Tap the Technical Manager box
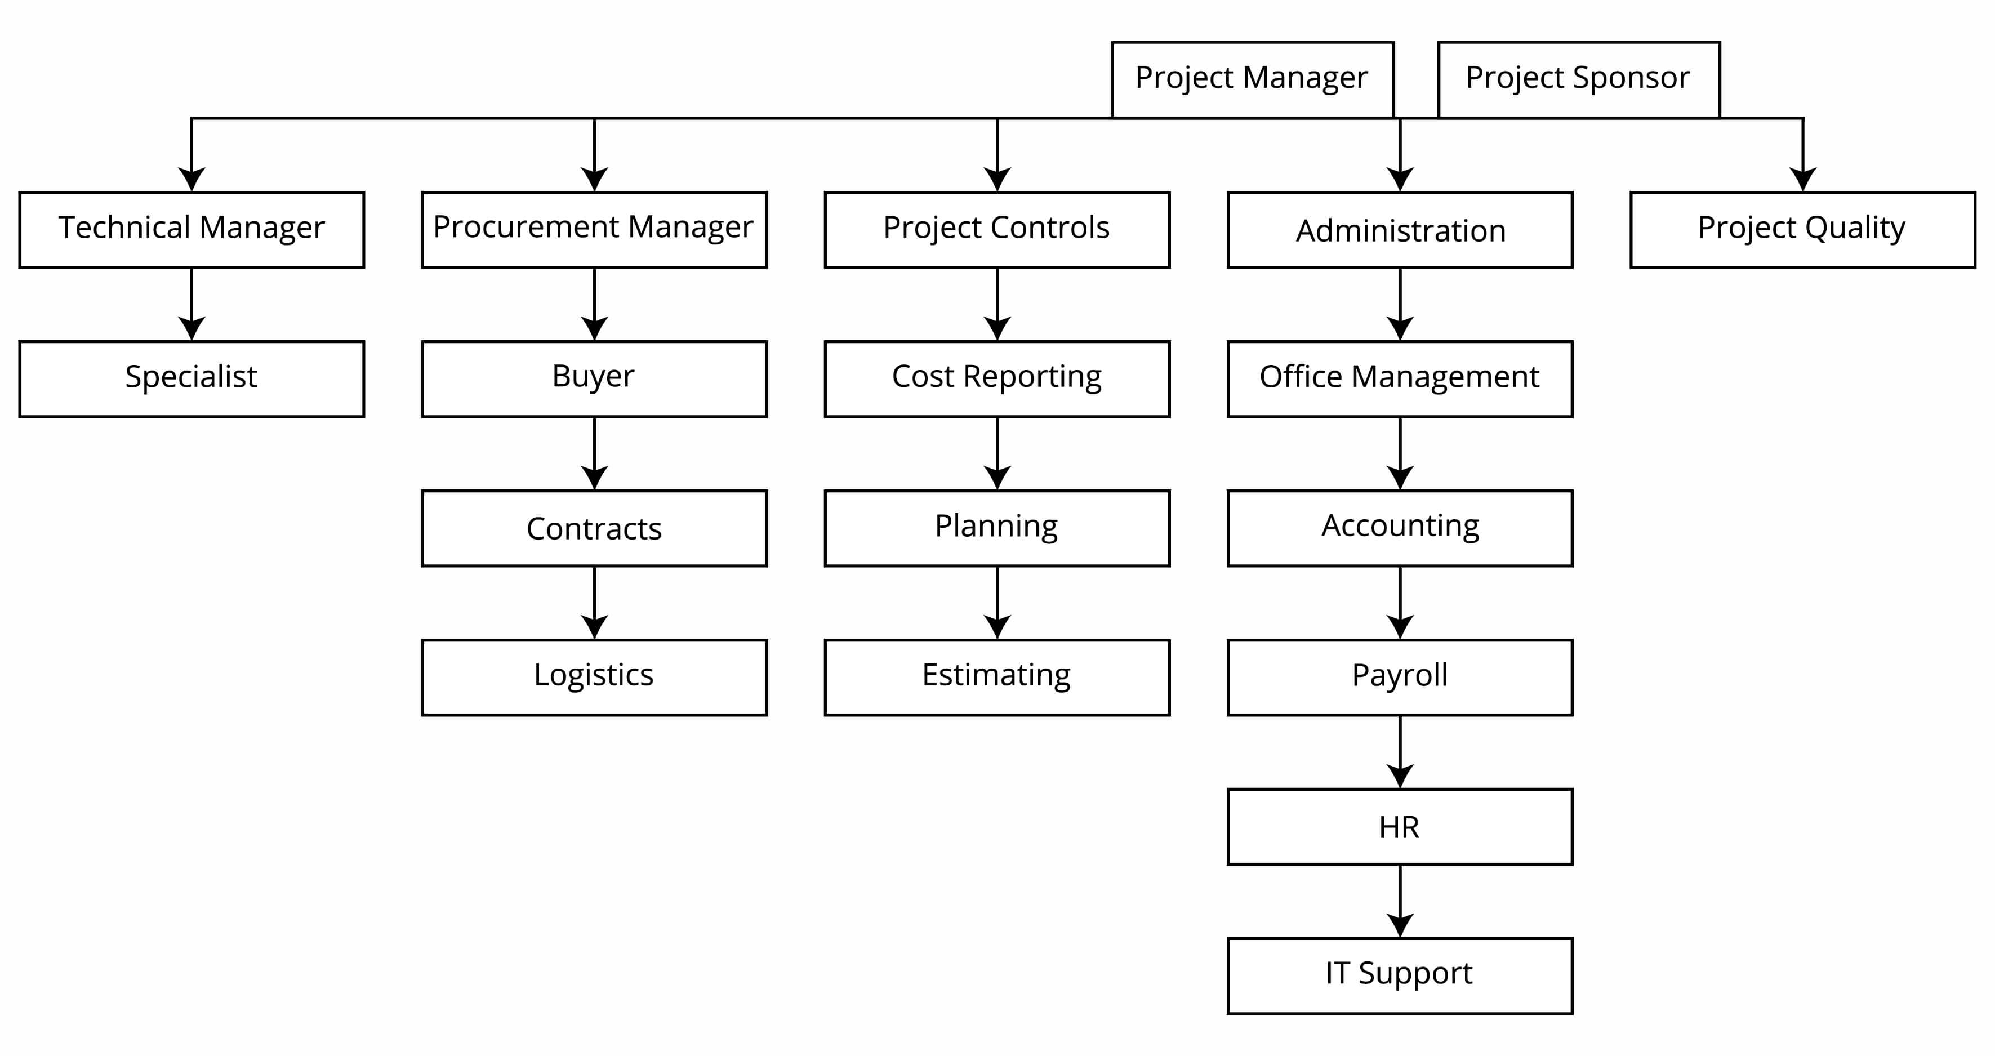click(x=192, y=230)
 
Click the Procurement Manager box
click(x=594, y=230)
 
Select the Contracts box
click(x=594, y=529)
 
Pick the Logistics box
click(x=594, y=678)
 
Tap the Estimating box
click(x=997, y=678)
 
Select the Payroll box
click(x=1400, y=678)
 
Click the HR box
click(x=1400, y=827)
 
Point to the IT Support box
click(x=1400, y=976)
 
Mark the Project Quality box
click(x=1803, y=230)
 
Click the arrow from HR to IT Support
click(x=1400, y=902)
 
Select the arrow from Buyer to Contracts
click(x=594, y=455)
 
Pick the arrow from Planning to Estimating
click(x=997, y=604)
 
